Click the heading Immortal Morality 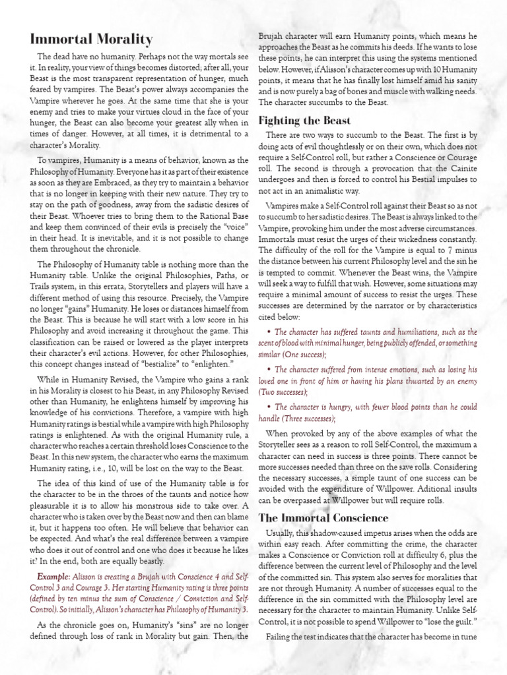pyautogui.click(x=92, y=40)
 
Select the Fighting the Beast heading pyautogui.click(x=304, y=121)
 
